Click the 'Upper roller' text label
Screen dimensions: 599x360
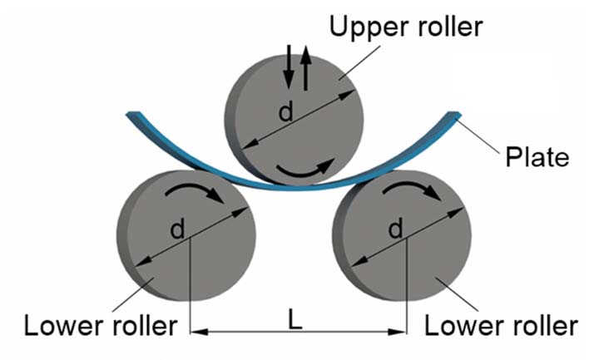pos(406,27)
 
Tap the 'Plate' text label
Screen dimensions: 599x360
pos(537,157)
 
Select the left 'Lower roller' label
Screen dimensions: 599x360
pos(101,326)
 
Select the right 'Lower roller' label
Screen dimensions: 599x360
pos(501,326)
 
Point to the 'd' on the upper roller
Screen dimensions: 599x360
pos(286,111)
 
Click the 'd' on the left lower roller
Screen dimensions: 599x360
pos(178,229)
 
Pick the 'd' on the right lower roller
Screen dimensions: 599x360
pos(395,229)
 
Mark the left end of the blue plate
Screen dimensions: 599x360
pos(133,114)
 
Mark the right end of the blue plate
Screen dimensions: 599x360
pos(454,115)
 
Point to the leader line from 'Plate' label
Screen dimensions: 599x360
pos(478,136)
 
